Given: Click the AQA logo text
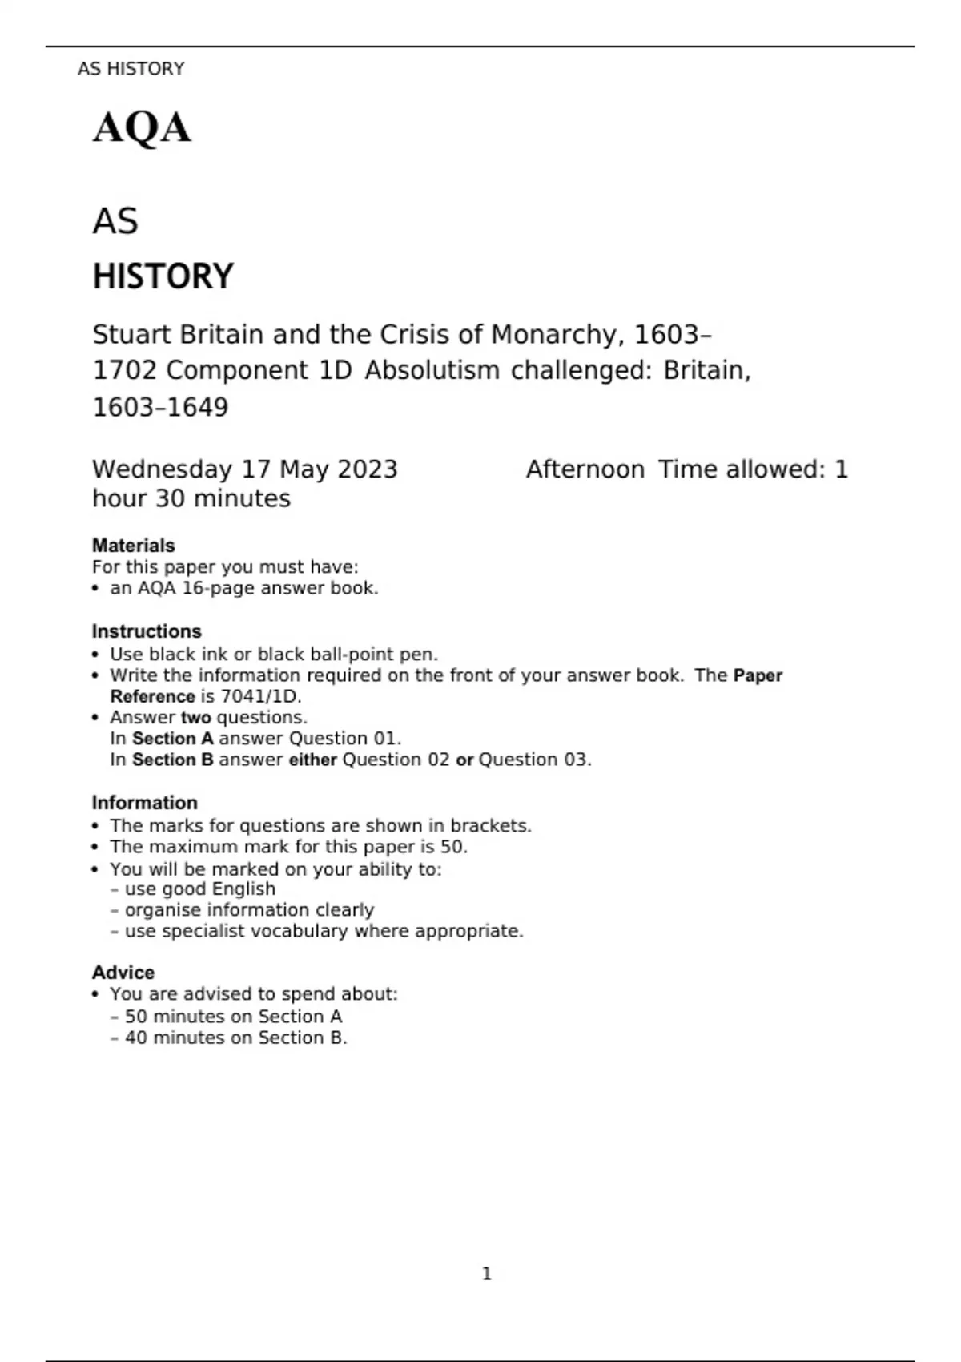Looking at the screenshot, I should coord(142,128).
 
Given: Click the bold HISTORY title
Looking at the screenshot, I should coord(163,276).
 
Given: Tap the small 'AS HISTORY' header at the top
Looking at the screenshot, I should coord(131,69).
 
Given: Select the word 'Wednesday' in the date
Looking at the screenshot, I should coord(163,469).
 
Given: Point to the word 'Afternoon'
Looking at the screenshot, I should coord(585,469).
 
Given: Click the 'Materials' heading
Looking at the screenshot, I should coord(133,546).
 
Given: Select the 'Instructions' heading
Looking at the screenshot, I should coord(147,631).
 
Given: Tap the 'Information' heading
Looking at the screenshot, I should coord(144,803).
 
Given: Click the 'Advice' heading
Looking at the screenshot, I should coord(123,973).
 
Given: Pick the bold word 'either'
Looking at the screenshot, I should coord(312,760).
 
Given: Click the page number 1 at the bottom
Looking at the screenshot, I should coord(487,1274).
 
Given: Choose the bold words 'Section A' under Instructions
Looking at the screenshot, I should coord(173,739).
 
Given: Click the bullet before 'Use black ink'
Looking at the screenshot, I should coord(95,655).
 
